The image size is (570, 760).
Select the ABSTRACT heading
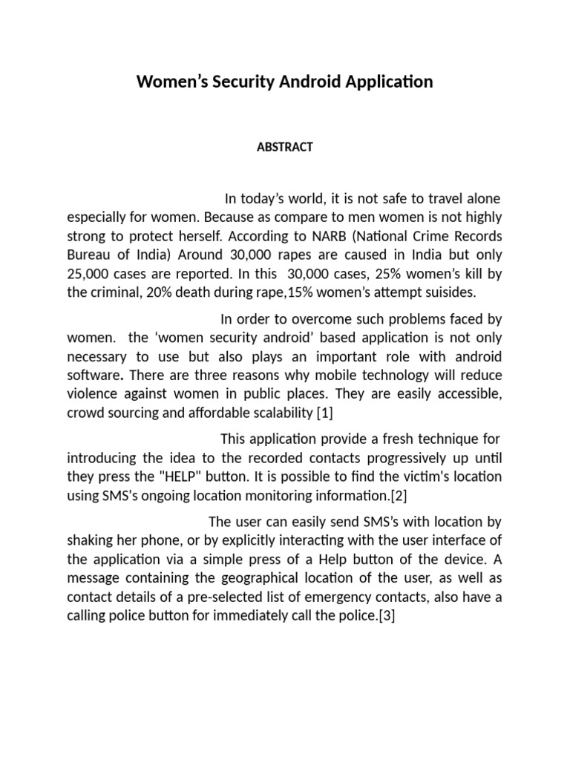tap(285, 147)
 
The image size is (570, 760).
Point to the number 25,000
tap(89, 274)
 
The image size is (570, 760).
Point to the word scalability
tap(257, 411)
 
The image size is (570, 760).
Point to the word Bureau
tap(89, 255)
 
